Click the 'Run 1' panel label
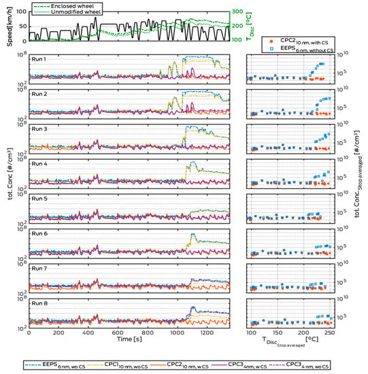pos(40,59)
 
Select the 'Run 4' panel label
pos(40,164)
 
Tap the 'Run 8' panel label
pos(40,303)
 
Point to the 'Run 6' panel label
pos(40,233)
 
